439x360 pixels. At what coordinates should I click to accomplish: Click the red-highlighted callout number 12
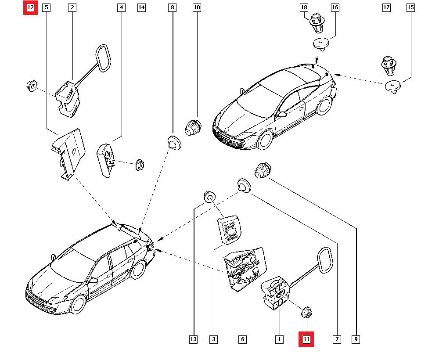31,7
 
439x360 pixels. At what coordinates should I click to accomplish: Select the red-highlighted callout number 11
306,339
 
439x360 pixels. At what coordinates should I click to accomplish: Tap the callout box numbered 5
47,7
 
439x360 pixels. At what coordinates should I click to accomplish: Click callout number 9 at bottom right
356,339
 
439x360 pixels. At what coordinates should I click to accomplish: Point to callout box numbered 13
194,339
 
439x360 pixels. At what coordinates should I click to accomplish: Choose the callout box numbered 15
411,7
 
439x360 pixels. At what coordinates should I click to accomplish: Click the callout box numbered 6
242,339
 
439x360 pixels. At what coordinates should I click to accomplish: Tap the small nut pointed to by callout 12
31,85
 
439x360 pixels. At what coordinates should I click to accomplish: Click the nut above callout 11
306,313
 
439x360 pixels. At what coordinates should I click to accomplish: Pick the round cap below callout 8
174,143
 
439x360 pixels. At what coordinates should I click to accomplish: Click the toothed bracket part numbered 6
244,267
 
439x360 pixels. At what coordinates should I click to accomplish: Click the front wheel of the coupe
265,140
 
